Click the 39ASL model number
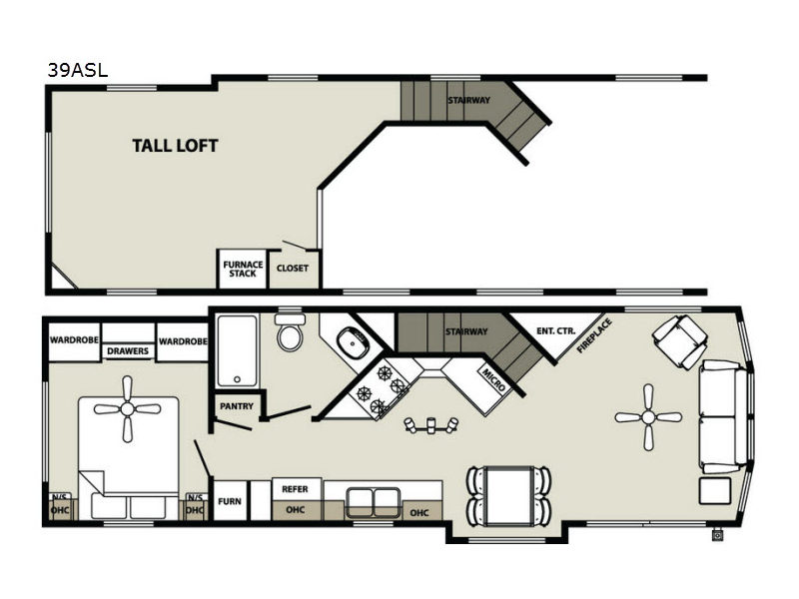pyautogui.click(x=78, y=70)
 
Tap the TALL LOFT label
pyautogui.click(x=175, y=146)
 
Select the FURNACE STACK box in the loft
pyautogui.click(x=243, y=269)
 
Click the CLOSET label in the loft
pyautogui.click(x=292, y=268)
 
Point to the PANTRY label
pyautogui.click(x=237, y=406)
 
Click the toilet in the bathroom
pyautogui.click(x=290, y=331)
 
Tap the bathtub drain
pyautogui.click(x=237, y=379)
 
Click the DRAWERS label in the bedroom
pyautogui.click(x=128, y=351)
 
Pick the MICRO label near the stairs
pyautogui.click(x=493, y=380)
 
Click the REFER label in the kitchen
pyautogui.click(x=295, y=489)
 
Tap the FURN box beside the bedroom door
pyautogui.click(x=230, y=500)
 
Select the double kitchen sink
pyautogui.click(x=374, y=502)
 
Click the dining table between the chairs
pyautogui.click(x=509, y=495)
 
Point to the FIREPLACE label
pyautogui.click(x=594, y=335)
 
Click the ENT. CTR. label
pyautogui.click(x=556, y=331)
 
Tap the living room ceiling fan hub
pyautogui.click(x=648, y=417)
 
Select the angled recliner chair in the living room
pyautogui.click(x=680, y=341)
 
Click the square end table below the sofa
pyautogui.click(x=715, y=491)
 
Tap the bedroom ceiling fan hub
pyautogui.click(x=128, y=409)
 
